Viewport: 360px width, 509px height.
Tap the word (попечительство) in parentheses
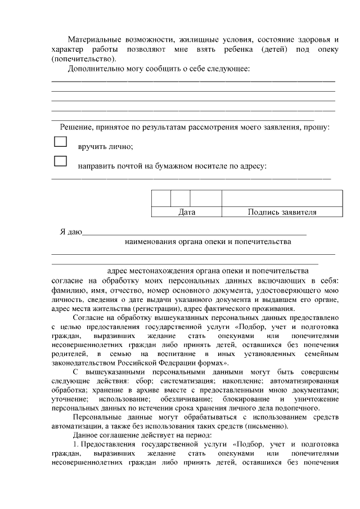(84, 58)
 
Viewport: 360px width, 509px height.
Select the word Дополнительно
(93, 69)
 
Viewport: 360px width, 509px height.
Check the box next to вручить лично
(60, 142)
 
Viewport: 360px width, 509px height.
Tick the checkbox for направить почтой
(60, 161)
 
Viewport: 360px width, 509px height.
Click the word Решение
(77, 128)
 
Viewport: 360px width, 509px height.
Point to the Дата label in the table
(186, 213)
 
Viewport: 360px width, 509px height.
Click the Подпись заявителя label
(282, 213)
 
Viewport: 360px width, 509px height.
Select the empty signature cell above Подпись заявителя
(282, 199)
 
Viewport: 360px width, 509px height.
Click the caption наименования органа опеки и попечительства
(208, 242)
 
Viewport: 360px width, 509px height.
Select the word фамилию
(67, 290)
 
